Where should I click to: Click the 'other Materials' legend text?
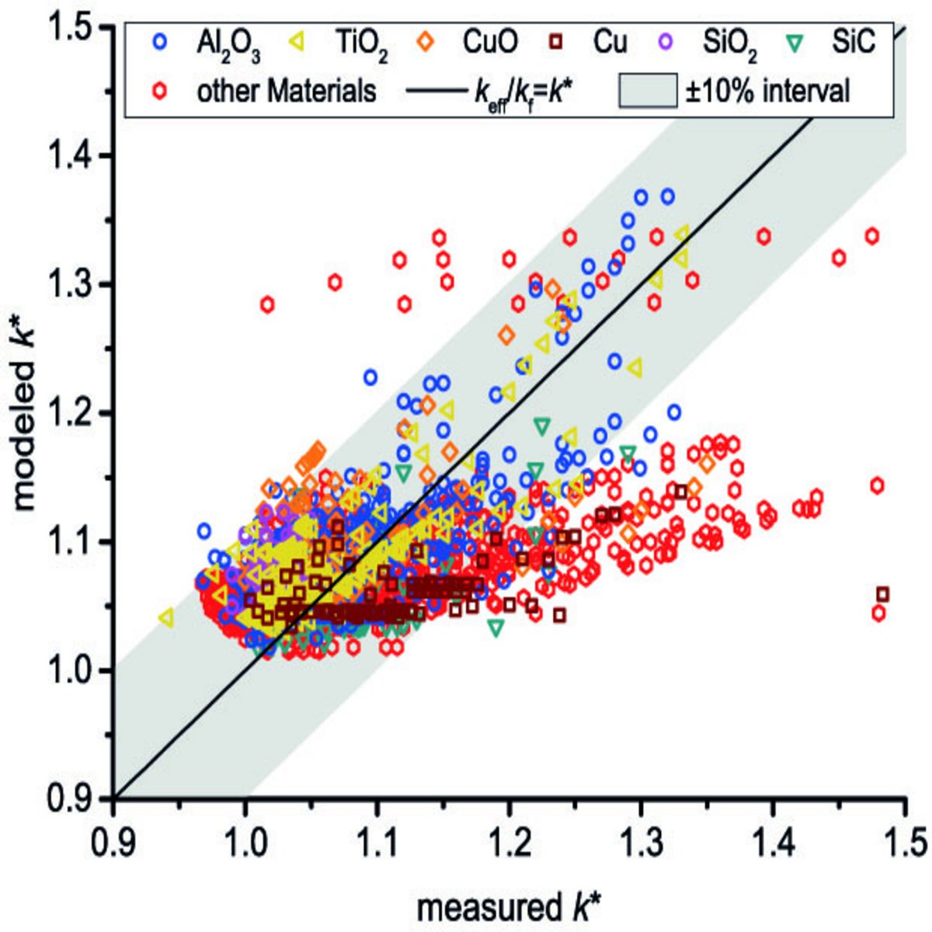[286, 91]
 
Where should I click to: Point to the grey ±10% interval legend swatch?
[647, 92]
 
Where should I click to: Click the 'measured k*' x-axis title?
[509, 906]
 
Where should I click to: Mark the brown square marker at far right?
[882, 595]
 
